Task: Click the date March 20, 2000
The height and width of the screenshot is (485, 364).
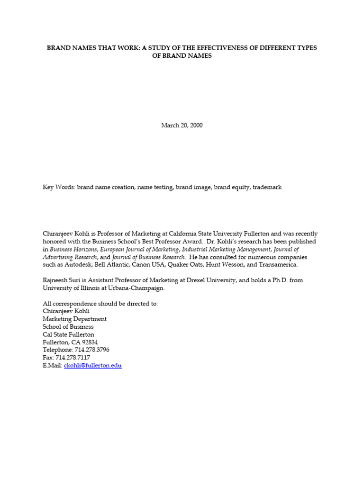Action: pos(182,126)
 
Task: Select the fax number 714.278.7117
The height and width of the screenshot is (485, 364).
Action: pos(73,358)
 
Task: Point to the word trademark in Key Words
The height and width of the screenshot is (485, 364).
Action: pos(267,187)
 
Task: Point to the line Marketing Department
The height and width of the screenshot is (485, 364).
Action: pos(74,319)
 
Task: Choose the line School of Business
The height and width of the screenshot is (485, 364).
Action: pos(68,326)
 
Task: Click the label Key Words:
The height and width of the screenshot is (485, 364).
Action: pos(59,187)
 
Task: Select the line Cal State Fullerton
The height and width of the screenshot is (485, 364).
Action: pos(68,334)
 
